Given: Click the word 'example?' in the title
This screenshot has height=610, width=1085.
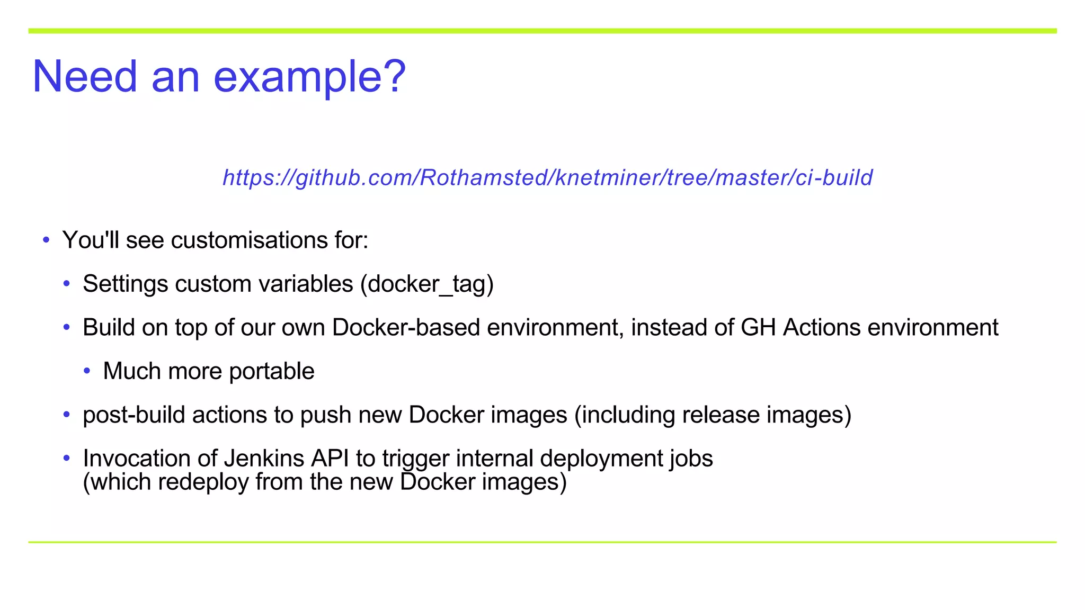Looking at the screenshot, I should click(x=309, y=77).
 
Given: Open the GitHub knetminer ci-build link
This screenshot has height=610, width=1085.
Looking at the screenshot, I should click(x=547, y=177).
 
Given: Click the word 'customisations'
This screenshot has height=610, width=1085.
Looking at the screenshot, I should click(x=248, y=240).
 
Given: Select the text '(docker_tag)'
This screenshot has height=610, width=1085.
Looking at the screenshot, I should click(x=427, y=284).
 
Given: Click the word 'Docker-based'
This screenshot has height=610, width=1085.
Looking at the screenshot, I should click(x=406, y=328).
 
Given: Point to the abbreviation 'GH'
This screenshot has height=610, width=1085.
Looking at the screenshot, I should click(x=758, y=328).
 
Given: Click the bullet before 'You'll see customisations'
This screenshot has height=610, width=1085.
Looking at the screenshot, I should click(x=46, y=240).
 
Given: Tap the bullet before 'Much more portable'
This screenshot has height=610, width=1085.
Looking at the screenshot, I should click(x=87, y=371).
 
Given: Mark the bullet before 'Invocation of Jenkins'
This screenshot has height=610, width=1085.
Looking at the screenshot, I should click(x=67, y=459).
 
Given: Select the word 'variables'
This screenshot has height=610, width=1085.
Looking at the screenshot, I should click(x=306, y=284).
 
